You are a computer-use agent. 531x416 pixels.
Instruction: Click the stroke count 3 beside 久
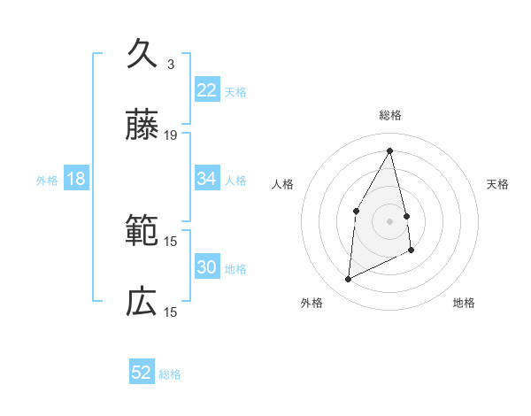[x=170, y=65]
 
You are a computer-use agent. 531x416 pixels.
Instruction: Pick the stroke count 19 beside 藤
[x=171, y=135]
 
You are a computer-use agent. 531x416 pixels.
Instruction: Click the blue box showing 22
[x=207, y=90]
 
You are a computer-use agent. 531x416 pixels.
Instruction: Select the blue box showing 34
[x=207, y=179]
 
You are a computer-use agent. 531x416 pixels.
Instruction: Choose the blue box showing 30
[x=207, y=267]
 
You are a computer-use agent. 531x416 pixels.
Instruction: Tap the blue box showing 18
[x=76, y=179]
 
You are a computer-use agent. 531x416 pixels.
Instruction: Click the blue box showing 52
[x=142, y=373]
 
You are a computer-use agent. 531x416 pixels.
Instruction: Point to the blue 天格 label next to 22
[x=235, y=91]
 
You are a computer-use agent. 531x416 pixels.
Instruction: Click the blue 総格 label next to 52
[x=170, y=374]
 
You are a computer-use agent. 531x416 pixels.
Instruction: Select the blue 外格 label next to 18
[x=47, y=180]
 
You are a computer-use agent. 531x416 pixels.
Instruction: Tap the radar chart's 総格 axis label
[x=390, y=115]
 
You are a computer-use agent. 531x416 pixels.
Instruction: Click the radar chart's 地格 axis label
[x=464, y=303]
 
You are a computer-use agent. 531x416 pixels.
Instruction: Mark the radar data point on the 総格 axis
[x=390, y=150]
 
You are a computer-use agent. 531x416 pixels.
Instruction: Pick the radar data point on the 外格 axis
[x=348, y=280]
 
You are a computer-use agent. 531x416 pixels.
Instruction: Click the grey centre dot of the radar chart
[x=390, y=220]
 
